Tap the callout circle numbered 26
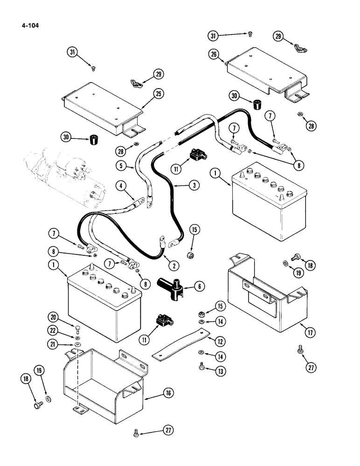214,55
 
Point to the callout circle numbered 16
168,393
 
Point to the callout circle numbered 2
173,266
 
